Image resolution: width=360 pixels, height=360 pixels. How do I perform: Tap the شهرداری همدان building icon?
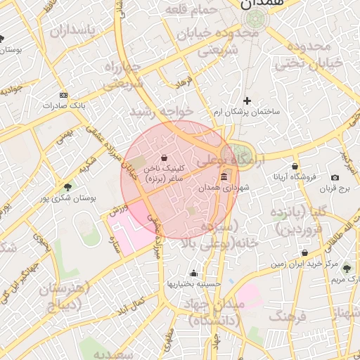[224, 176]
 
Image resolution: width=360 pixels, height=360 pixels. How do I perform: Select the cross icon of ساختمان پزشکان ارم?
[247, 101]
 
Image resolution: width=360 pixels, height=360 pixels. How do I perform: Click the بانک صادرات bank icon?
[64, 95]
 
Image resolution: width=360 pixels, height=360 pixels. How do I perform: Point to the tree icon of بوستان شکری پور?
[67, 187]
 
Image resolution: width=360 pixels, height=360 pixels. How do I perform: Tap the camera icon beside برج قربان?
[335, 177]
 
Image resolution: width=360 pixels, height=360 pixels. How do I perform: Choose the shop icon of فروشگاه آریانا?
[295, 167]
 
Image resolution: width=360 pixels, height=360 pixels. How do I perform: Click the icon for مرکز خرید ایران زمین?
[304, 253]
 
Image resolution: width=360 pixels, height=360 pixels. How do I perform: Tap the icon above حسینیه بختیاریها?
[193, 273]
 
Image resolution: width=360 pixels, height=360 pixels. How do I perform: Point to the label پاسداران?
[67, 31]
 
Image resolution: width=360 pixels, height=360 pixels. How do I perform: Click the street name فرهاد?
[184, 82]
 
